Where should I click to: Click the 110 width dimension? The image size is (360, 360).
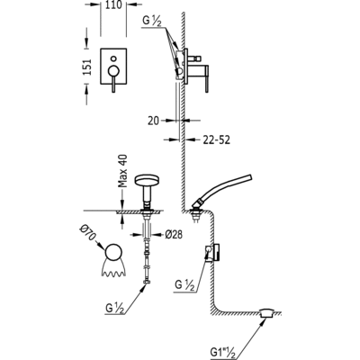point(113,5)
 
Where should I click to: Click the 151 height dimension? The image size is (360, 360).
point(87,67)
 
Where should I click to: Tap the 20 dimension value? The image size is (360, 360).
point(154,121)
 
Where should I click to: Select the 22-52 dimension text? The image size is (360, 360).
point(216,139)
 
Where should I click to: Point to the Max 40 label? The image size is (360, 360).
point(122,171)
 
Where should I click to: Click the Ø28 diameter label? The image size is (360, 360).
point(174,234)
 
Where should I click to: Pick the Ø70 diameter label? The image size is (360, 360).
point(87,232)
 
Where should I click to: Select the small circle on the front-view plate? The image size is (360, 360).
point(113,58)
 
